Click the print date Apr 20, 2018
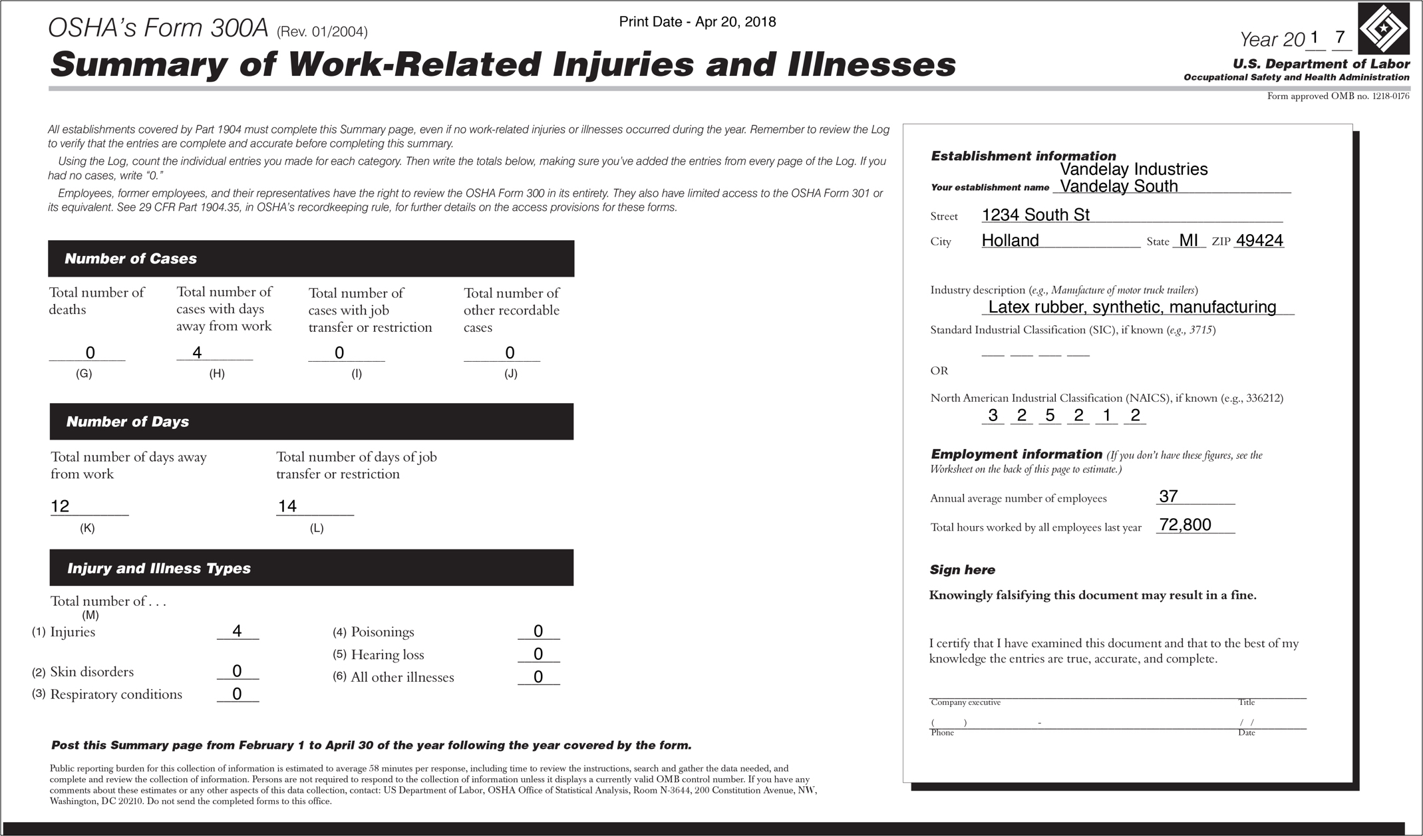tap(697, 22)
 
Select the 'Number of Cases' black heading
tap(130, 259)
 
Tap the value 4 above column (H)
tap(197, 352)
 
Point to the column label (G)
tap(84, 374)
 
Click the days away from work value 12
tap(60, 506)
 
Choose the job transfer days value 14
tap(287, 506)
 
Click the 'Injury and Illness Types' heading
tap(158, 568)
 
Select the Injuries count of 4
tap(237, 630)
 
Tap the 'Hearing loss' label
tap(387, 654)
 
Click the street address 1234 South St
tap(1035, 215)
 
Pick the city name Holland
tap(1010, 240)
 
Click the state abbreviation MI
tap(1188, 240)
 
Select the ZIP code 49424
tap(1259, 240)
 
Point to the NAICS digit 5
tap(1050, 415)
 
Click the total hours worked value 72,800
tap(1185, 525)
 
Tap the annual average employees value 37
tap(1168, 496)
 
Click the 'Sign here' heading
tap(962, 570)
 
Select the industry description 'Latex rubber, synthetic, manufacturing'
tap(1132, 307)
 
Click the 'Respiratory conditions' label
tap(116, 694)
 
